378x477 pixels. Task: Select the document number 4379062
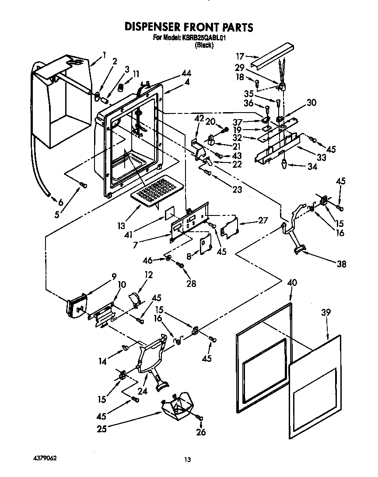click(45, 458)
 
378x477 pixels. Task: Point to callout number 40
click(291, 283)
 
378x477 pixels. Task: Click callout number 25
click(101, 428)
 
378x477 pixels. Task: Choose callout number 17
click(240, 56)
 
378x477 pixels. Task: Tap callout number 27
click(262, 221)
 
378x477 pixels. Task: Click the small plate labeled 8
click(205, 245)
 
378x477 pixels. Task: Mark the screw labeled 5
click(83, 186)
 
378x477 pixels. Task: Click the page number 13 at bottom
click(187, 459)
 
